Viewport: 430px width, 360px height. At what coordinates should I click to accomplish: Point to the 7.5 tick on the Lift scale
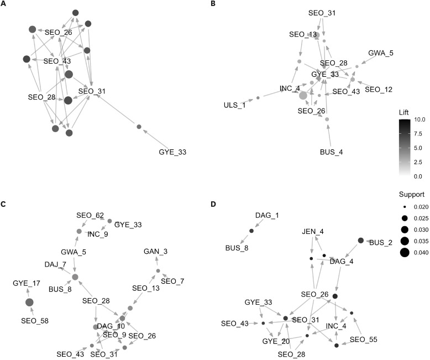click(419, 134)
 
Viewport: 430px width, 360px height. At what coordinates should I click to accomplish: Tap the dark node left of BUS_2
click(361, 241)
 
